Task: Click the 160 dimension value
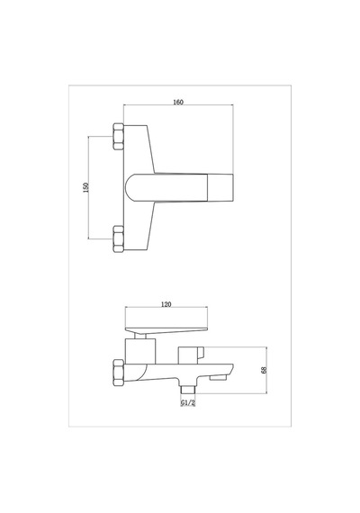pyautogui.click(x=178, y=102)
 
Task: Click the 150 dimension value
pyautogui.click(x=86, y=187)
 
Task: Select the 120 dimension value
pyautogui.click(x=166, y=304)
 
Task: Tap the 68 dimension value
pyautogui.click(x=264, y=370)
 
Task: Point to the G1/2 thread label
pyautogui.click(x=188, y=402)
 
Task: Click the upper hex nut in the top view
pyautogui.click(x=118, y=137)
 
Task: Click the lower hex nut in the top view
pyautogui.click(x=118, y=238)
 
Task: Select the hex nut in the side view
pyautogui.click(x=118, y=372)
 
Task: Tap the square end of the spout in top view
pyautogui.click(x=220, y=187)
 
